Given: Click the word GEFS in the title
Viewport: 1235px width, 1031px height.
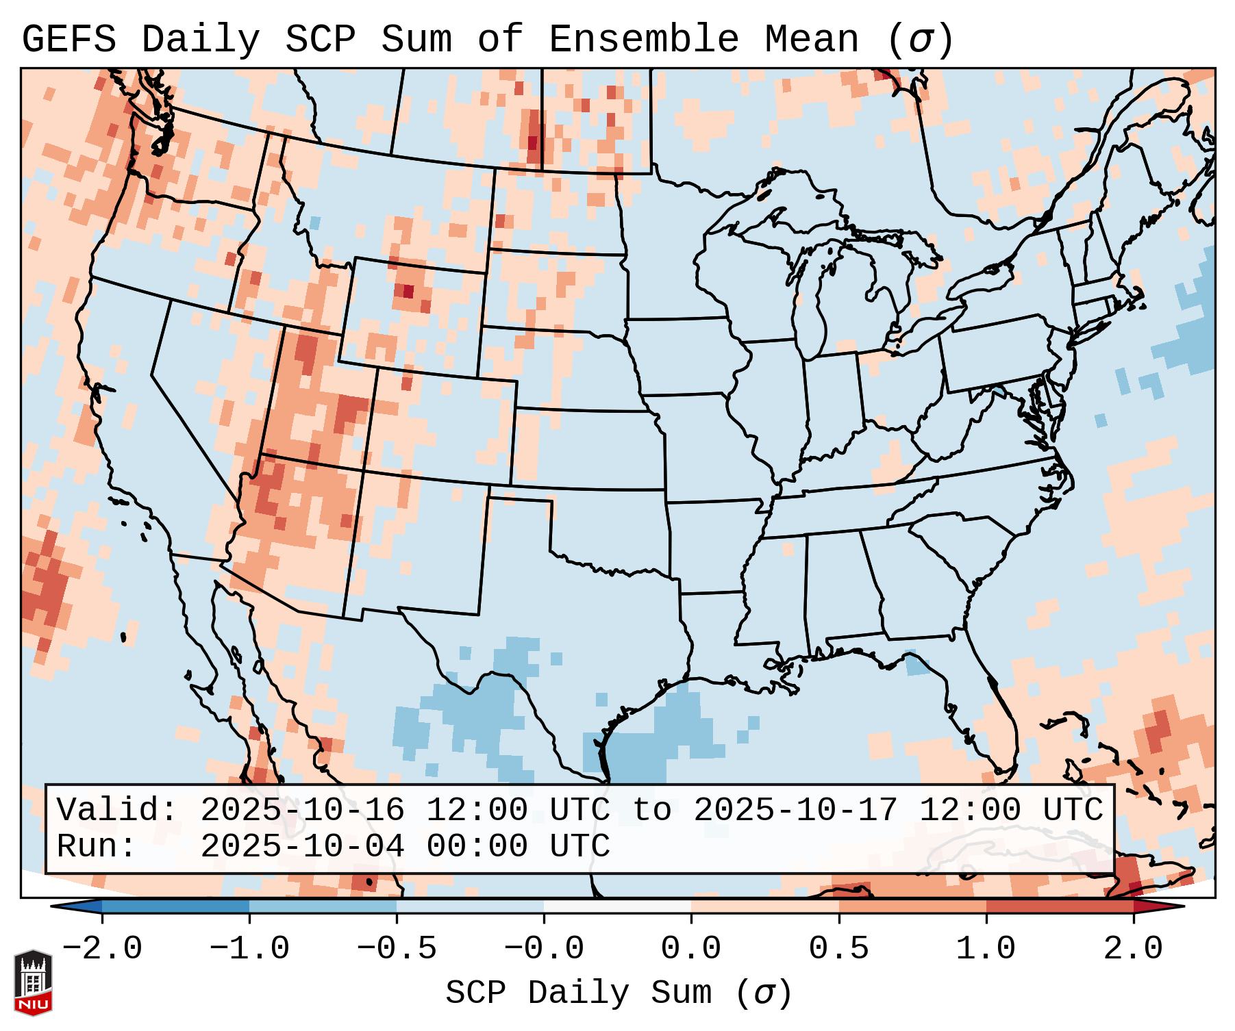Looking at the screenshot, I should (x=69, y=39).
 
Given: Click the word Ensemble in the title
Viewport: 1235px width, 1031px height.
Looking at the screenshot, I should (x=644, y=39).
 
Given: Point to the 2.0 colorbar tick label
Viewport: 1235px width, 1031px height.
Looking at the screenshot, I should (x=1133, y=949).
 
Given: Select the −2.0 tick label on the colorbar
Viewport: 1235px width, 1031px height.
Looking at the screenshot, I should (x=102, y=949).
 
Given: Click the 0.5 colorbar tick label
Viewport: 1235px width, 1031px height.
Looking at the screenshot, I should (x=838, y=949).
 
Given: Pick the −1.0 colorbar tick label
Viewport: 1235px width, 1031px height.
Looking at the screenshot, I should (x=249, y=949).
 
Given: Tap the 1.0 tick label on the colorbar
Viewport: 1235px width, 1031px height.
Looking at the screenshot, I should (x=986, y=949).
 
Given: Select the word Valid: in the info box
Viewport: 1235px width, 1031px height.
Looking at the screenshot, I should (x=117, y=810).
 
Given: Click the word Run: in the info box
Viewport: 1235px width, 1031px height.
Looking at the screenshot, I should (x=97, y=847).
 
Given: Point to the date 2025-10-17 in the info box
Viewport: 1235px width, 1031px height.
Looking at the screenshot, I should (x=795, y=810).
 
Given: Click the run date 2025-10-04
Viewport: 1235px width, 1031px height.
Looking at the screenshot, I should (x=302, y=847).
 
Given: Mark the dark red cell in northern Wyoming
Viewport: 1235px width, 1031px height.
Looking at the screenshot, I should (x=408, y=291).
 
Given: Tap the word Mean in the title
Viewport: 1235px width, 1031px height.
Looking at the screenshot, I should (x=812, y=39).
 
